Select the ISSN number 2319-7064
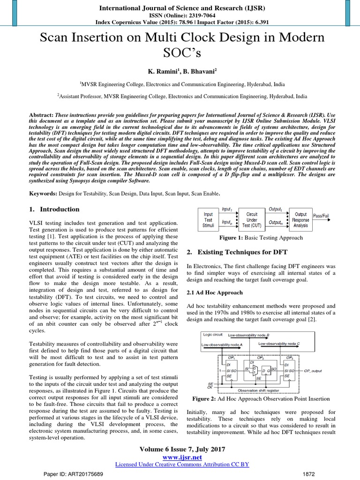point(192,15)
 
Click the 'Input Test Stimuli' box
point(208,219)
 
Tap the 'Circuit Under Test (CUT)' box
point(252,219)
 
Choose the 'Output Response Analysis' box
point(300,219)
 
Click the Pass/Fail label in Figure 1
point(321,216)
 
